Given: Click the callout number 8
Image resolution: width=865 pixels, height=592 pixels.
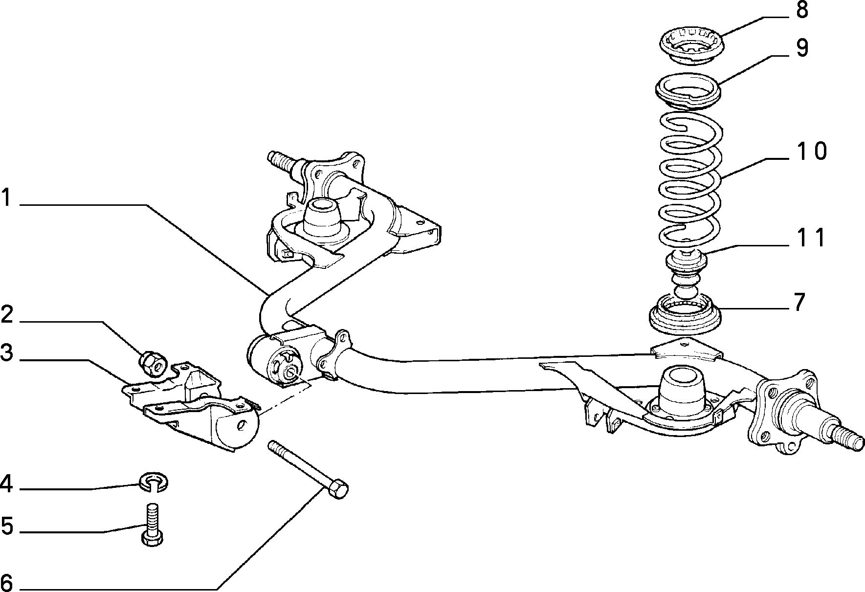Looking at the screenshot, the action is (x=802, y=10).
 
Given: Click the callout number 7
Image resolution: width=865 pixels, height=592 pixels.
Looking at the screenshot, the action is (x=799, y=302).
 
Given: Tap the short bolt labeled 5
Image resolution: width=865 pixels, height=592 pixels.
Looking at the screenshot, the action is (x=152, y=524).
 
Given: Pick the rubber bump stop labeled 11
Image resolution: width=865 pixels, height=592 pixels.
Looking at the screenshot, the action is (x=687, y=274).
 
